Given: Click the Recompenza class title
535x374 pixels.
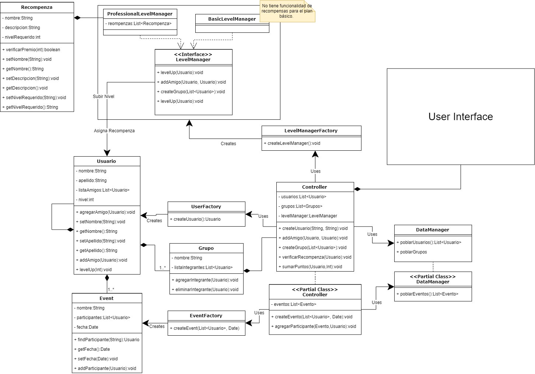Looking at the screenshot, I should [x=37, y=7].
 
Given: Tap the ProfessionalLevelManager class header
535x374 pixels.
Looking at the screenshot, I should [x=140, y=14].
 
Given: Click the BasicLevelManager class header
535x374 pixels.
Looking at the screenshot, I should [x=232, y=19].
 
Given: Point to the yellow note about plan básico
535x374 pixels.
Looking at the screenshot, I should [x=287, y=11].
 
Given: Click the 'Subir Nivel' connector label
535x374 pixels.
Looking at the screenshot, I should [x=104, y=97].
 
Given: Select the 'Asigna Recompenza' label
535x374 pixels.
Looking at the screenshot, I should [x=114, y=131].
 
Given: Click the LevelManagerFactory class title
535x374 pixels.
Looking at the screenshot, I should [x=311, y=131].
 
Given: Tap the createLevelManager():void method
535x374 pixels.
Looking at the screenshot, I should [x=294, y=143].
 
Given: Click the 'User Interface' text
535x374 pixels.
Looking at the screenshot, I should [x=460, y=117].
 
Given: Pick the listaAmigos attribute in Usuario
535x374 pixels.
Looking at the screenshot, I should [x=104, y=190].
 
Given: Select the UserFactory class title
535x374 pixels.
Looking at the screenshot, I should [x=206, y=207].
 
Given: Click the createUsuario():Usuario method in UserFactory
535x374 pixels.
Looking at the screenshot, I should [x=197, y=219].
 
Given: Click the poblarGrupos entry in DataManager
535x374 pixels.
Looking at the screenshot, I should [x=413, y=252].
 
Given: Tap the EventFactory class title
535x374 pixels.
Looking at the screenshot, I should [x=206, y=316].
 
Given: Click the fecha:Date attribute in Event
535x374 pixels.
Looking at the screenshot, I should [x=87, y=327].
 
